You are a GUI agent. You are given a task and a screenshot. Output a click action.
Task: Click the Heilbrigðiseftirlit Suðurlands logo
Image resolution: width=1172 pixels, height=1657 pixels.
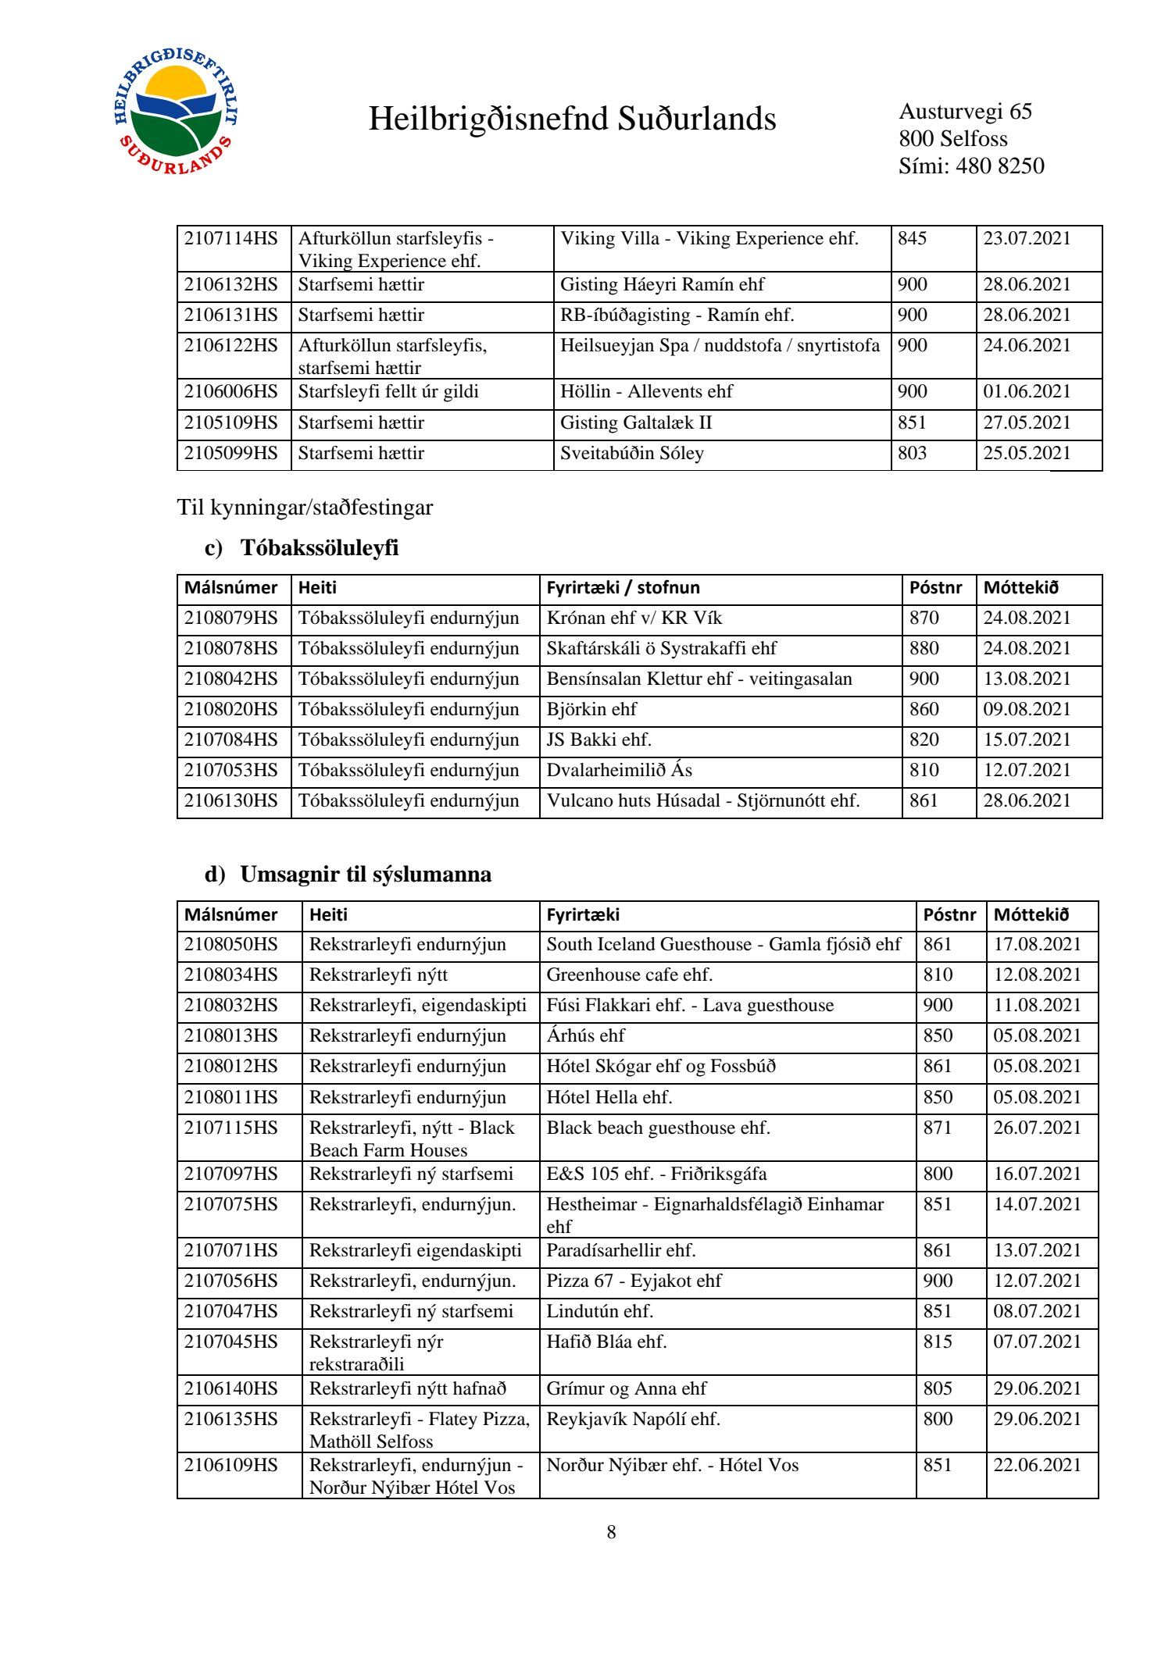click(175, 111)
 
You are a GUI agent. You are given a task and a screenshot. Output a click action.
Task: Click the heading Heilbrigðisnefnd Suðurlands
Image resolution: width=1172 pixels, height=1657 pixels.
click(572, 119)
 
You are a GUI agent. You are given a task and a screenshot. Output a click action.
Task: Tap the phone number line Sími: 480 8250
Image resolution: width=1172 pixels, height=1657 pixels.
click(970, 166)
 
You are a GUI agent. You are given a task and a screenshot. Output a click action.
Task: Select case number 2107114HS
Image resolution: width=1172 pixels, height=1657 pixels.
click(231, 239)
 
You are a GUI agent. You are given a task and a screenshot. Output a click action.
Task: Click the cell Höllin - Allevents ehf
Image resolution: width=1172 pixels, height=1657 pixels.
click(646, 392)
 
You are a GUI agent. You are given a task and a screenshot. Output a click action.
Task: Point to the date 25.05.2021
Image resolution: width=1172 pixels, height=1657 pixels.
click(1027, 454)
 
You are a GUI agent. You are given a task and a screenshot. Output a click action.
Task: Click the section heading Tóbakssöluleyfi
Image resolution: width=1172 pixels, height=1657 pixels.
click(320, 548)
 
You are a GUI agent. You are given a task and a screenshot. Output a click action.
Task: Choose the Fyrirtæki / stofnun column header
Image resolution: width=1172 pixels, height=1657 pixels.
click(623, 588)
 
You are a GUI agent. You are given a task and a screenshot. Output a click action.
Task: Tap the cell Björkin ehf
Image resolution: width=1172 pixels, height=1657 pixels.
click(591, 710)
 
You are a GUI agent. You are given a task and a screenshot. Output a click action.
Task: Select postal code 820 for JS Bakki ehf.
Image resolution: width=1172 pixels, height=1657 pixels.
click(924, 740)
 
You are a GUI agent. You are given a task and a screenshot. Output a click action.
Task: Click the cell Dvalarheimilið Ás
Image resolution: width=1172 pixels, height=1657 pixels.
click(619, 771)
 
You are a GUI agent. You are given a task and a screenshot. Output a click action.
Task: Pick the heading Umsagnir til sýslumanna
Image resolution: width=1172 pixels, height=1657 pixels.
click(366, 875)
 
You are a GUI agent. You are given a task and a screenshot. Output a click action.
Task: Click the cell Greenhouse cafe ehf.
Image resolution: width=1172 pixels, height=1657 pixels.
click(629, 975)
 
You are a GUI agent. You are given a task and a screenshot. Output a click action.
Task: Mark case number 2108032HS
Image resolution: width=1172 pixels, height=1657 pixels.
click(231, 1006)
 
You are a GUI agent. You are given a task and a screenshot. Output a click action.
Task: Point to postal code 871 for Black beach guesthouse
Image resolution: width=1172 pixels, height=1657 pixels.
click(938, 1128)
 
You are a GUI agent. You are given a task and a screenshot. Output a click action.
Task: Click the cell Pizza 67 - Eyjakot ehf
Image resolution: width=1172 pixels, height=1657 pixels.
click(634, 1281)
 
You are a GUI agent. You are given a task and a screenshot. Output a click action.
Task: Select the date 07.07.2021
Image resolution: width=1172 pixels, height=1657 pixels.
click(1037, 1342)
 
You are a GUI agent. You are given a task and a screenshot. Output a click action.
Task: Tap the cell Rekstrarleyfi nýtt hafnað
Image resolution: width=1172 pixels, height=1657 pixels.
click(408, 1389)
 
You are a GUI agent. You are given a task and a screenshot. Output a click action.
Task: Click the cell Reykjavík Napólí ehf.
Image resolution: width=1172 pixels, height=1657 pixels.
click(633, 1420)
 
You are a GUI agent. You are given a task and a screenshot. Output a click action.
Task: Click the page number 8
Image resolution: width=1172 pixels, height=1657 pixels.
click(611, 1533)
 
